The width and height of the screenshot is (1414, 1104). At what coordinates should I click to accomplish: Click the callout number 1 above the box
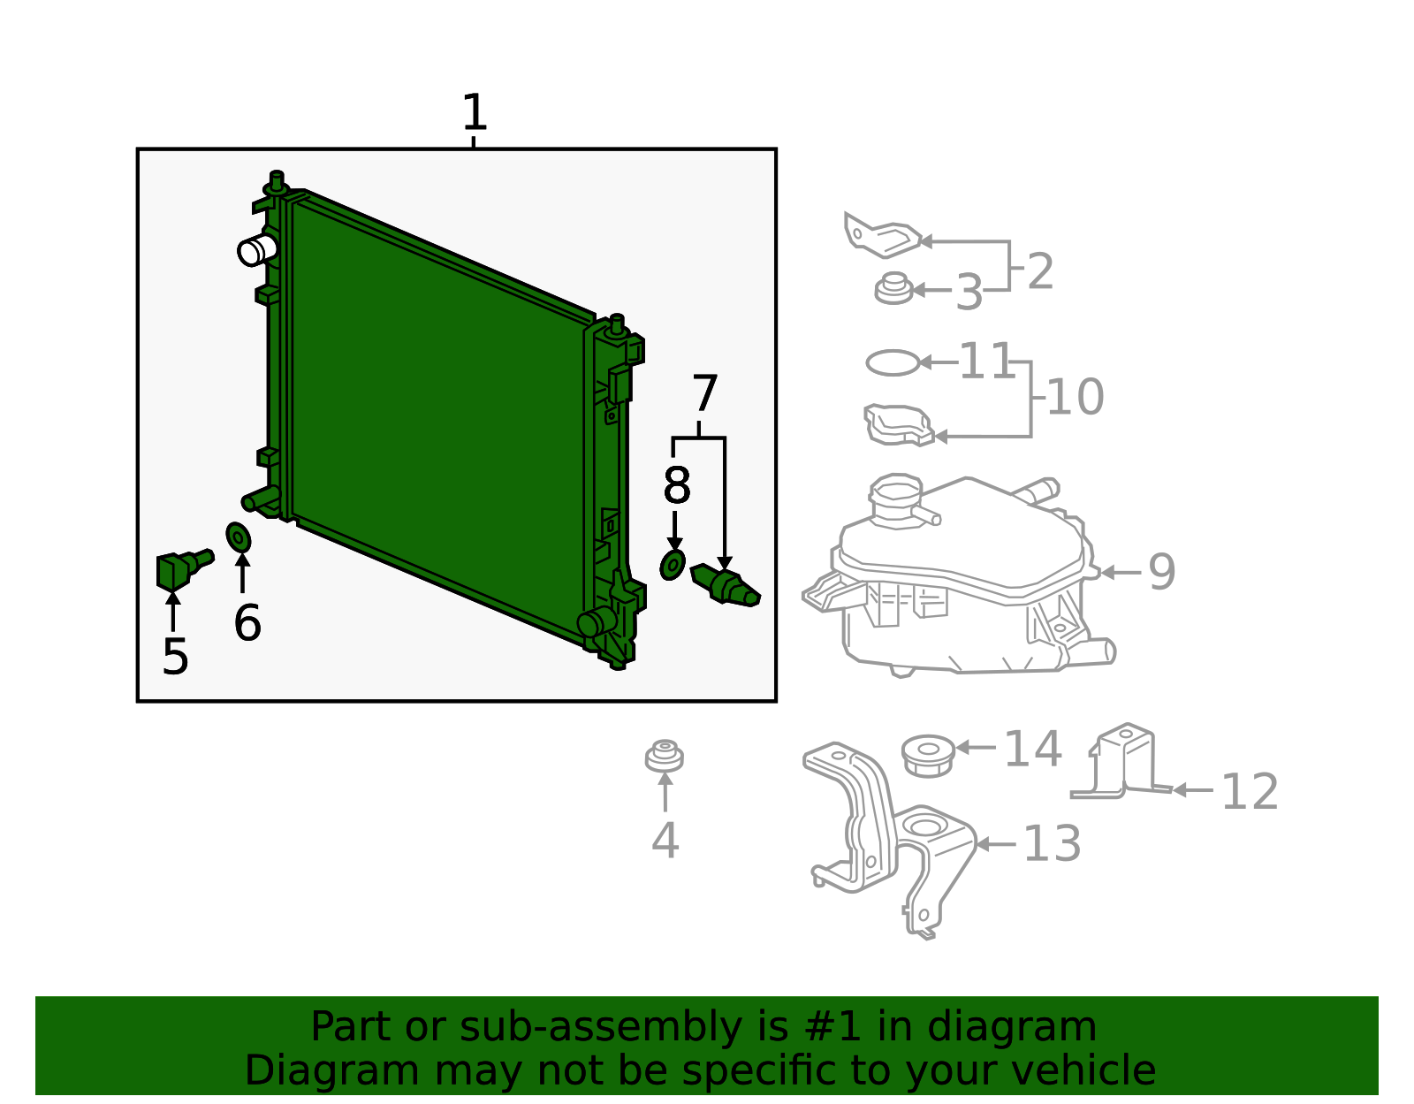475,113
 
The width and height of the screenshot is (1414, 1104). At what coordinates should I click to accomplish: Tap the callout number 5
175,657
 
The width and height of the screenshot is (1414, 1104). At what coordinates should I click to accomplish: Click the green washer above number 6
239,537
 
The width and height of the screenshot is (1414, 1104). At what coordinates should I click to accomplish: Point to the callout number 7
704,394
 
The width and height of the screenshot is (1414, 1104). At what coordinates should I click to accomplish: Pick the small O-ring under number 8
673,565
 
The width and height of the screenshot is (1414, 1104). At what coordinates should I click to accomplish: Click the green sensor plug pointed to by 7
726,585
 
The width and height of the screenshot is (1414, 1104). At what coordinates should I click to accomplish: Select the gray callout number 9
1161,572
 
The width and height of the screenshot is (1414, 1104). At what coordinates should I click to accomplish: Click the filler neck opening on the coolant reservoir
895,488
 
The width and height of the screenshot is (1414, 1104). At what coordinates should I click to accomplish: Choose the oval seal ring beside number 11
893,362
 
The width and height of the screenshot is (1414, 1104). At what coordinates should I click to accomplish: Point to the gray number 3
969,293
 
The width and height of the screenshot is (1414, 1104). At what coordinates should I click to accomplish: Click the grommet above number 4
664,757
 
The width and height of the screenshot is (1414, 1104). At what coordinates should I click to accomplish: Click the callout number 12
1249,792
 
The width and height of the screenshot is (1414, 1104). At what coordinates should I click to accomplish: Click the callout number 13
1052,844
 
